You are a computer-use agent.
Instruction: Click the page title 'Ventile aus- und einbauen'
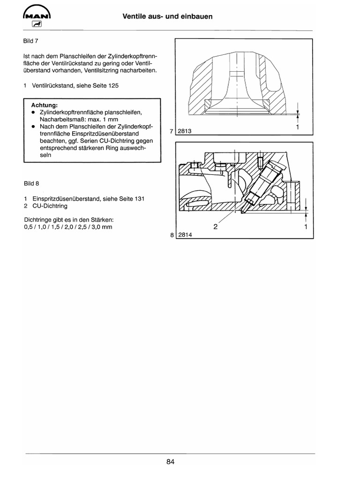coord(167,16)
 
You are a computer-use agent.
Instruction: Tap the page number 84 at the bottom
coord(170,462)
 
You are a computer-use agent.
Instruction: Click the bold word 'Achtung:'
coord(44,105)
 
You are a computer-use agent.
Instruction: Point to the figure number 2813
coord(186,132)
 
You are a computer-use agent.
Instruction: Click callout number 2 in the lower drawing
coord(216,227)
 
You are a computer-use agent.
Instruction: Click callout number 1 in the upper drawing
coord(298,127)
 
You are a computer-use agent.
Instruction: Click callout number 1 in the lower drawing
coord(305,227)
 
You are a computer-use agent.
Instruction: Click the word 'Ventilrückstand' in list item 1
coord(54,87)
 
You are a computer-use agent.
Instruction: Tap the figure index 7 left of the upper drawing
coord(172,132)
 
